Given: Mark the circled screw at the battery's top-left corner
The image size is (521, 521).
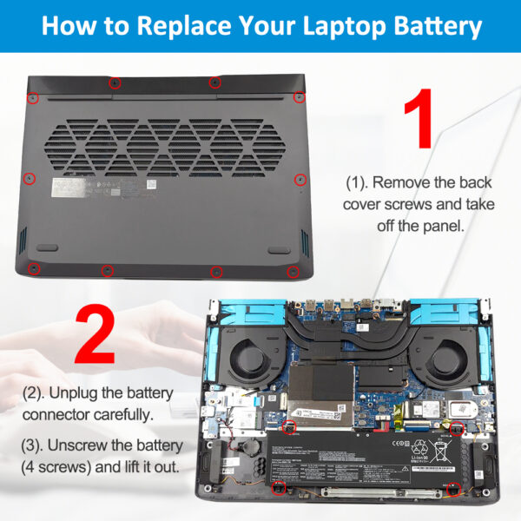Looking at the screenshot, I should (289, 425).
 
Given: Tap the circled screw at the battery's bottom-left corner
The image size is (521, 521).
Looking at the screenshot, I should (279, 489).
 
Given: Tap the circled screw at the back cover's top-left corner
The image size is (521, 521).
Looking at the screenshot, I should (32, 96).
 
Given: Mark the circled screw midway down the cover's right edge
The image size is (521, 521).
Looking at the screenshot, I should (300, 180).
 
